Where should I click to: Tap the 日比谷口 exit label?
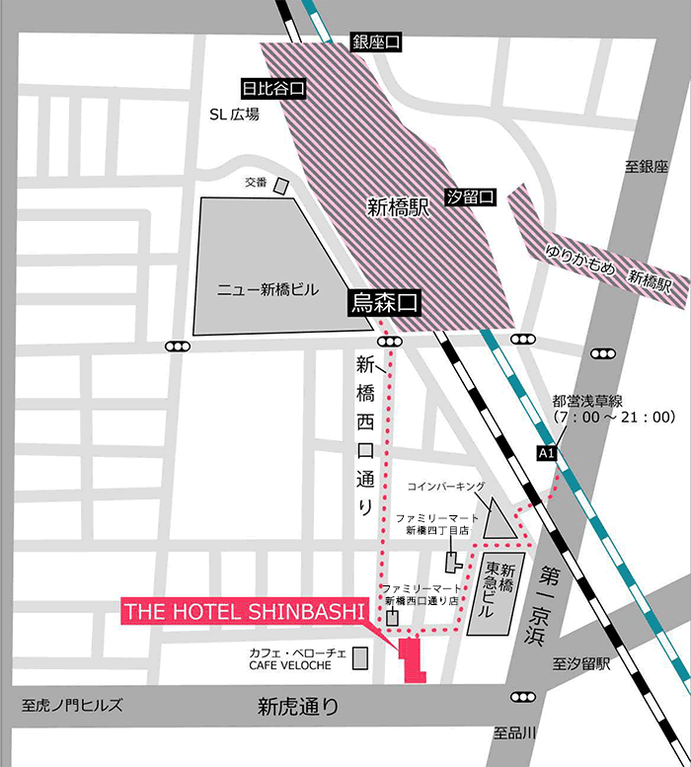271,88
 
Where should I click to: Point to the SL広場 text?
234,115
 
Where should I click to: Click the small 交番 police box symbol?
281,186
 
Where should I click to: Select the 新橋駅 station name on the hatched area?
396,207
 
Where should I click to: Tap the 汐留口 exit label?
470,195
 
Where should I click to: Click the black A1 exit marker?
547,452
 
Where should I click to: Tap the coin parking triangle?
500,521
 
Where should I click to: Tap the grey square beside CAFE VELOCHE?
360,656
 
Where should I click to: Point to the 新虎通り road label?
297,707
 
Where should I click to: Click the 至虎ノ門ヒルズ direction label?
72,705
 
